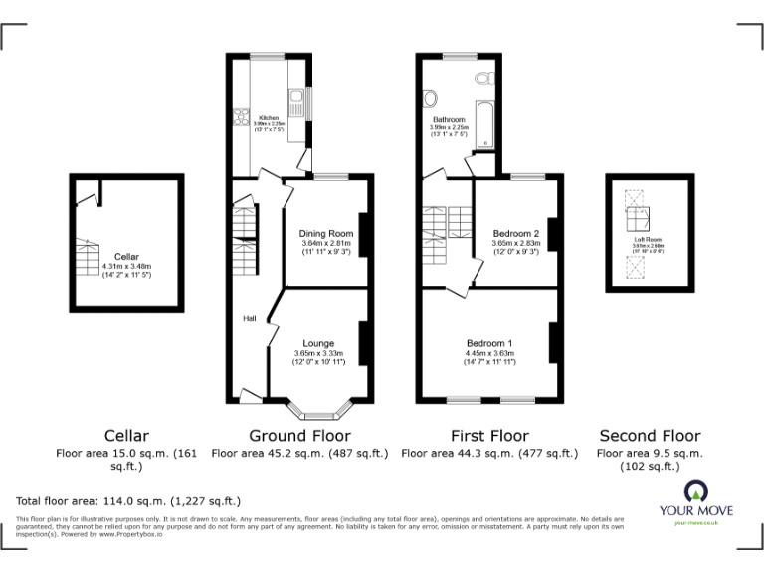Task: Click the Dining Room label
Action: [327, 234]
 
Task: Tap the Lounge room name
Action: [318, 344]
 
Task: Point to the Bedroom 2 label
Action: [515, 234]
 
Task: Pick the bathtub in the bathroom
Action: [484, 124]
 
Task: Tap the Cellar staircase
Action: [88, 260]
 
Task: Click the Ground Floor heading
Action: [299, 436]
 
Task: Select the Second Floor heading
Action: [650, 436]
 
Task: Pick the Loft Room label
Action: [649, 240]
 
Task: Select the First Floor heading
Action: [489, 436]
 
